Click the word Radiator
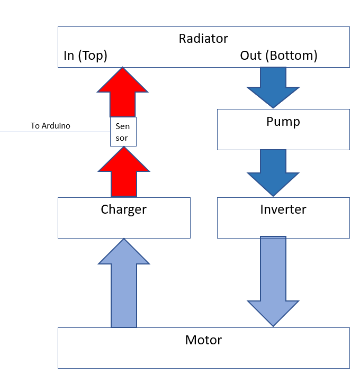pyautogui.click(x=203, y=39)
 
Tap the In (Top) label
pyautogui.click(x=85, y=56)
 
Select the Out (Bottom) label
pyautogui.click(x=278, y=56)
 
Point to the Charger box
pyautogui.click(x=124, y=225)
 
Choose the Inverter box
pyautogui.click(x=283, y=225)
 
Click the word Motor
pyautogui.click(x=203, y=340)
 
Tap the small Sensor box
pyautogui.click(x=123, y=132)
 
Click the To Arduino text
pyautogui.click(x=50, y=126)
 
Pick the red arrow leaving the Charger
pyautogui.click(x=124, y=172)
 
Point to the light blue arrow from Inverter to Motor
pyautogui.click(x=273, y=280)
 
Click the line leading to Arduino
pyautogui.click(x=53, y=132)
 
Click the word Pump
pyautogui.click(x=283, y=122)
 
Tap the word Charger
pyautogui.click(x=124, y=209)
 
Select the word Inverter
pyautogui.click(x=283, y=209)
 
